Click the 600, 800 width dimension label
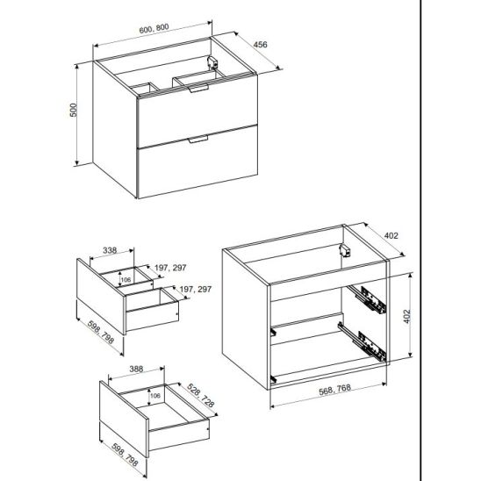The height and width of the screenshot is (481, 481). (x=154, y=28)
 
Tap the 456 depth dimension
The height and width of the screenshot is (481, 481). (x=260, y=45)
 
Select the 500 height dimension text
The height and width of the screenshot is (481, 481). (x=74, y=110)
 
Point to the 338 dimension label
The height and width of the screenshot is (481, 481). (x=110, y=250)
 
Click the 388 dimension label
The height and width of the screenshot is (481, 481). (x=136, y=369)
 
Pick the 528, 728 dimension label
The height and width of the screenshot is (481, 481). (x=200, y=395)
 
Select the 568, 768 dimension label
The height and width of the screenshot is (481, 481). (x=334, y=390)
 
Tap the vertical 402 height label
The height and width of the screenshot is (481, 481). (x=406, y=316)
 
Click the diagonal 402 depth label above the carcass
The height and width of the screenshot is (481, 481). (x=391, y=235)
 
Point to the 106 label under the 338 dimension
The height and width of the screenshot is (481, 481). (x=126, y=279)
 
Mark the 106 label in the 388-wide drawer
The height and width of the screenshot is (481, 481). (x=154, y=396)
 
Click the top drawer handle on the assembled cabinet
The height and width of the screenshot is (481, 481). (x=198, y=89)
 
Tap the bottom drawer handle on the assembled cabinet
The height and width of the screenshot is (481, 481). (x=198, y=139)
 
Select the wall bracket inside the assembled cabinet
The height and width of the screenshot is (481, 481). (x=212, y=62)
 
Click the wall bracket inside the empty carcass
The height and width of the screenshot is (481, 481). (x=345, y=250)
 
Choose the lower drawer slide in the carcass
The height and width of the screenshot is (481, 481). (x=363, y=341)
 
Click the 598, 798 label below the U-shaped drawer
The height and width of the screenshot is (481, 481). (x=101, y=332)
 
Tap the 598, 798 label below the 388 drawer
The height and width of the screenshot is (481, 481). (x=125, y=455)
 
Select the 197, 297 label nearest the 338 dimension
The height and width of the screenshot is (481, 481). (x=170, y=268)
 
